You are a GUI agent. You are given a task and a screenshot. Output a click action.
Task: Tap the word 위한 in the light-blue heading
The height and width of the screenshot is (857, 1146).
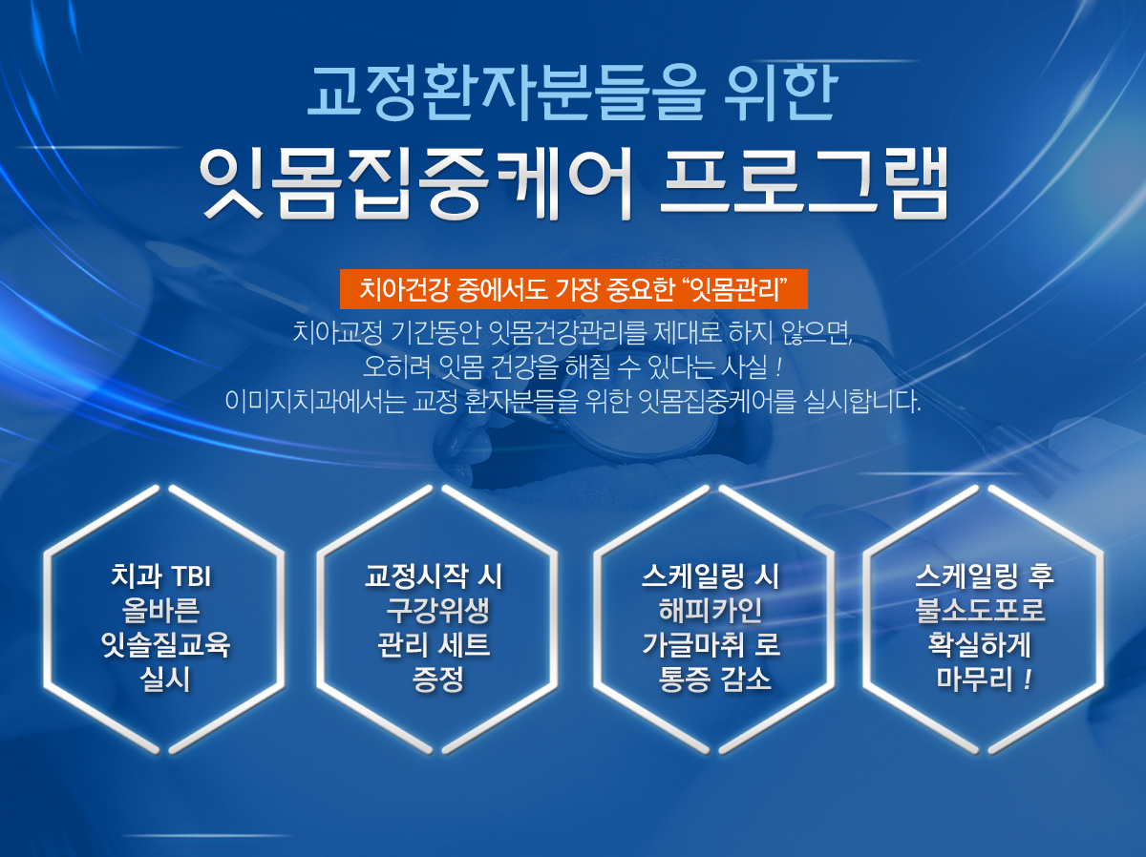coord(780,93)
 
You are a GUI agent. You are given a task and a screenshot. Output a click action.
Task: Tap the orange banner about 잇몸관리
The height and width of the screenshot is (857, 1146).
coord(573,289)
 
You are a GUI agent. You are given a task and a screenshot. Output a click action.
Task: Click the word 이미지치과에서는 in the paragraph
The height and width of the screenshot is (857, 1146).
coord(315,401)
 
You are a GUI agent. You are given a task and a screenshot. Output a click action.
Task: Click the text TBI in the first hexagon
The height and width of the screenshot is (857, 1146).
coord(191,576)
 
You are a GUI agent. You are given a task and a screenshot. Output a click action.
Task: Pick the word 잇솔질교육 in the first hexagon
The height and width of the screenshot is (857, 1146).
coord(165,645)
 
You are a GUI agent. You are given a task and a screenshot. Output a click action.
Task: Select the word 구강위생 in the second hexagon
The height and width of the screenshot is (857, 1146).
coord(437,611)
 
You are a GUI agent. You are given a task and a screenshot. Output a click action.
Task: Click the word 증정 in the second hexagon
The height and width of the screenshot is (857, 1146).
coord(437,679)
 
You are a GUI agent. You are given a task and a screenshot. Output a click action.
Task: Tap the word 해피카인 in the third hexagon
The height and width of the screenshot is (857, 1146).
coord(711,611)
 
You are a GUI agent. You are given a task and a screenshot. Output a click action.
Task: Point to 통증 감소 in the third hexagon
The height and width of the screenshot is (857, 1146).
coord(714,679)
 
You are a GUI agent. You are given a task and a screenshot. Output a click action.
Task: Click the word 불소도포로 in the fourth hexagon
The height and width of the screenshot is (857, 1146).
coord(980,611)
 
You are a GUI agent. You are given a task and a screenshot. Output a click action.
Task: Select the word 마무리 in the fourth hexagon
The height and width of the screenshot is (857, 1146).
coord(974,679)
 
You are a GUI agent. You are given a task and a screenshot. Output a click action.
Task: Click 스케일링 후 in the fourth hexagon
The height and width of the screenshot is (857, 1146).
coord(985,576)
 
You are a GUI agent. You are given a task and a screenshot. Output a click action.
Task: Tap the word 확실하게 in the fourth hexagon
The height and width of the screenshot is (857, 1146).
coord(980,645)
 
